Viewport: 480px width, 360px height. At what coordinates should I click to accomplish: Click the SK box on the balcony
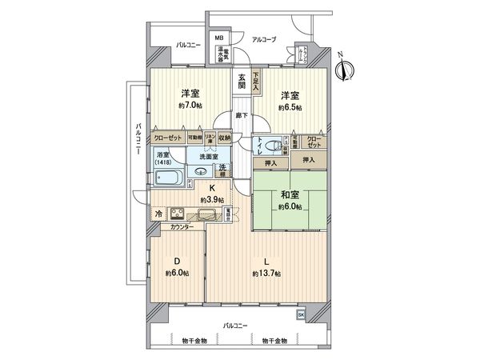[x=301, y=315]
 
